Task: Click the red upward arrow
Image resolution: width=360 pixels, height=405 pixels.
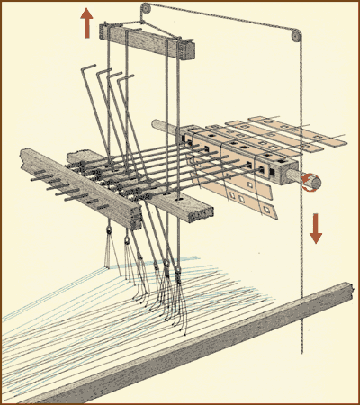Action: tap(86, 22)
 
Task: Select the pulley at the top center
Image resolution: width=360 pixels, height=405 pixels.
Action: tap(144, 10)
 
